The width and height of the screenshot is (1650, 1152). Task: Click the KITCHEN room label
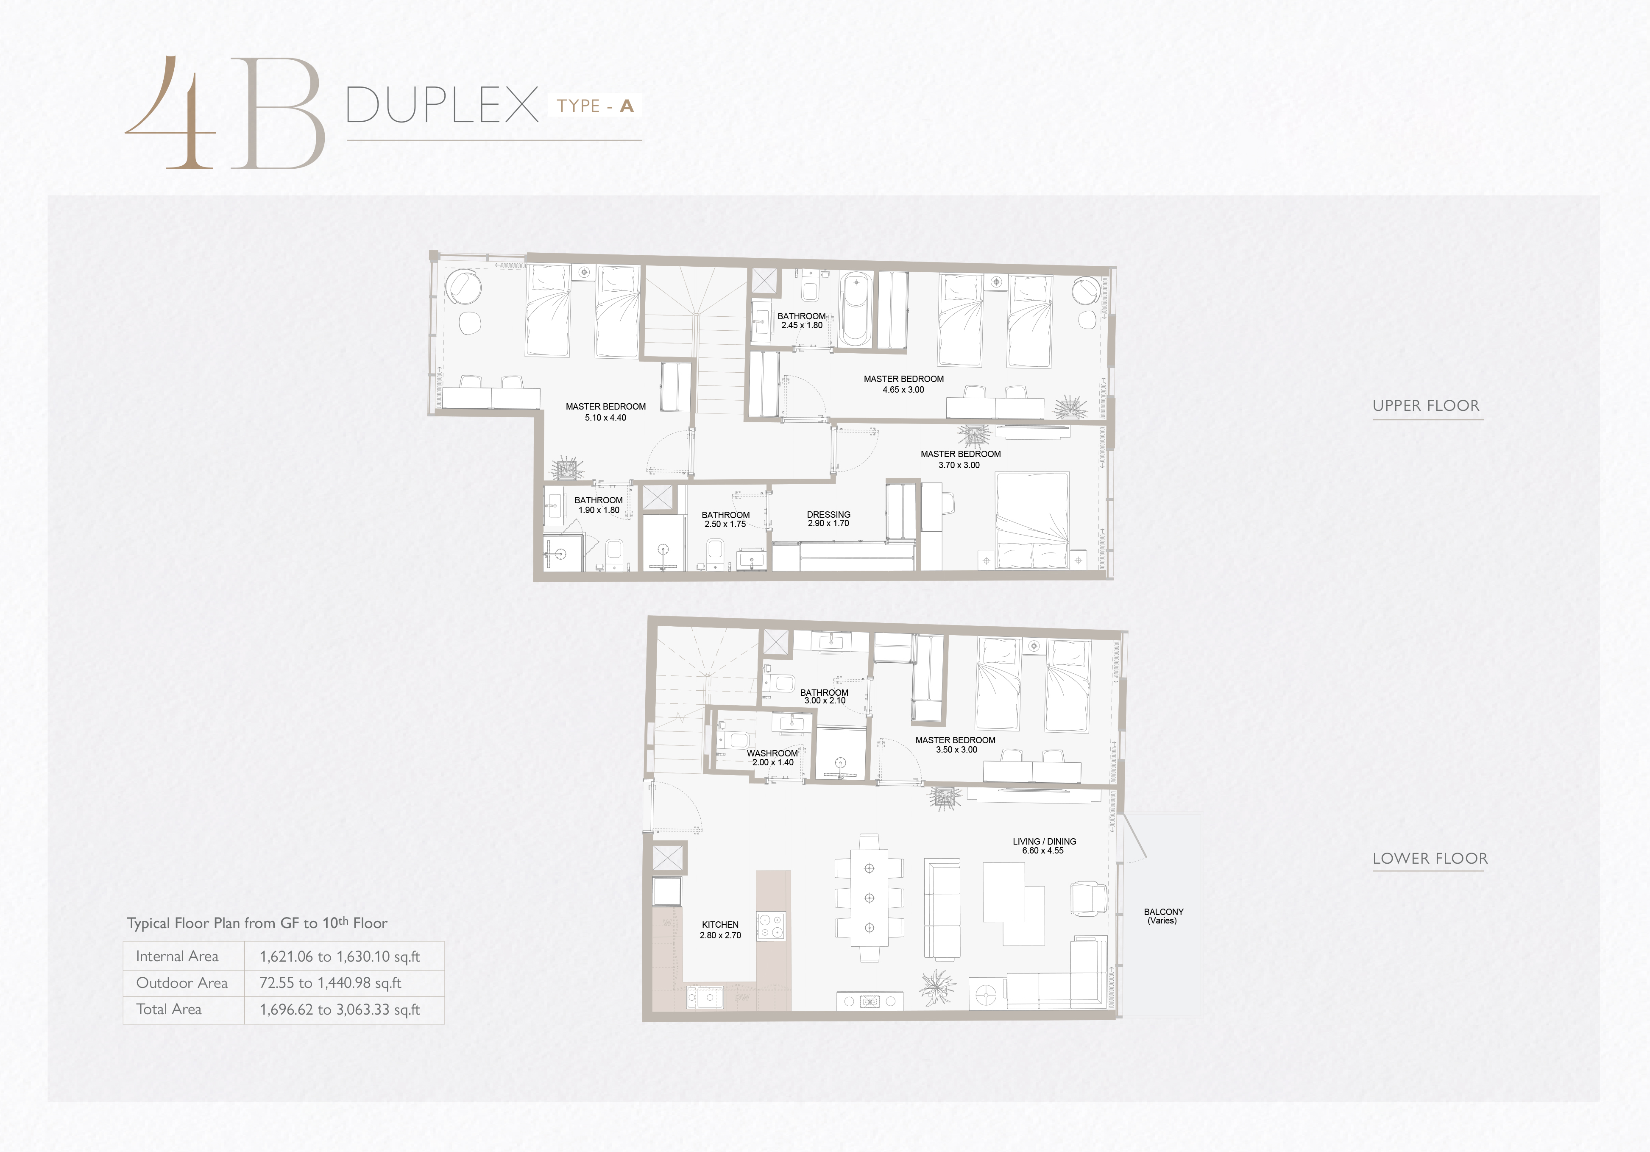pyautogui.click(x=720, y=925)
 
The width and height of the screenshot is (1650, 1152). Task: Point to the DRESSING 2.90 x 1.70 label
pyautogui.click(x=828, y=519)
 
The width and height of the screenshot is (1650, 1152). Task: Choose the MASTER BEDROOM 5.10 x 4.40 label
pyautogui.click(x=606, y=412)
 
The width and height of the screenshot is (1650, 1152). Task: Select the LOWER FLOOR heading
pyautogui.click(x=1430, y=859)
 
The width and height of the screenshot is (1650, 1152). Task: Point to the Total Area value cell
pyautogui.click(x=340, y=1010)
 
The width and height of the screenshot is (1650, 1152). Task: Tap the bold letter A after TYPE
pyautogui.click(x=627, y=106)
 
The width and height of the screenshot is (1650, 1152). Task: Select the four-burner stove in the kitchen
pyautogui.click(x=770, y=926)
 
